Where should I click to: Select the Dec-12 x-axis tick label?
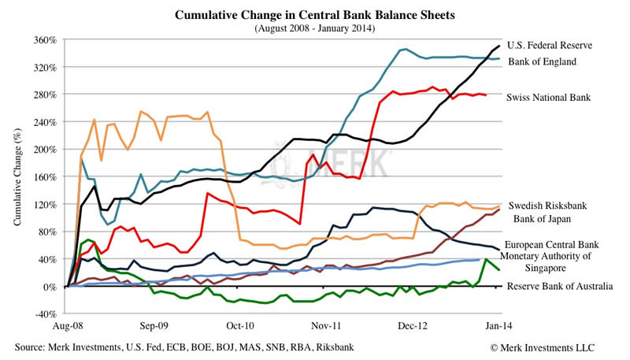coord(413,325)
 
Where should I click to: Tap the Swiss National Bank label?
coord(549,96)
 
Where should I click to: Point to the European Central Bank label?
coord(558,245)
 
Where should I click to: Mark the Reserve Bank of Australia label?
coord(559,286)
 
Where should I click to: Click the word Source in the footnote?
coord(31,347)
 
